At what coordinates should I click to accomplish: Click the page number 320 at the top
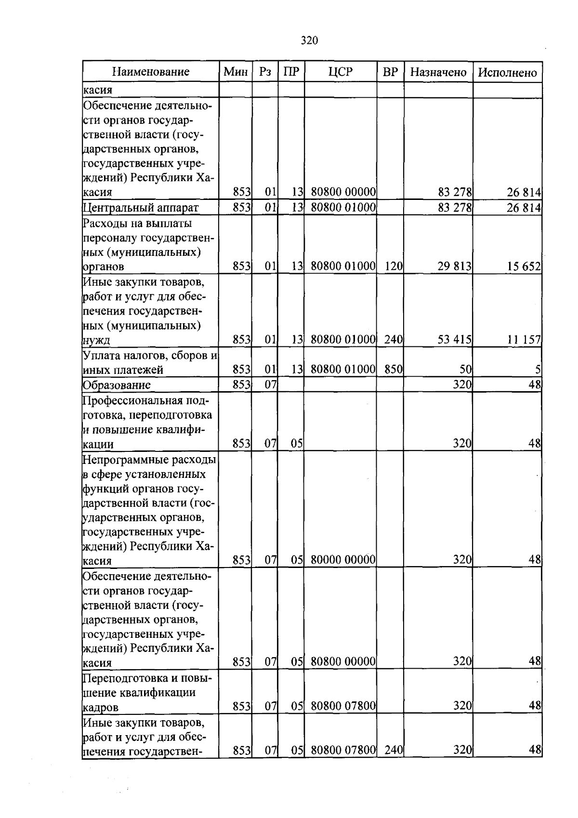pos(309,40)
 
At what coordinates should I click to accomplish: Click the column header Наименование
pos(151,72)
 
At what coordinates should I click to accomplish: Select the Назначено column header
pos(438,72)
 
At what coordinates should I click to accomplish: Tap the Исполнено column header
pos(507,72)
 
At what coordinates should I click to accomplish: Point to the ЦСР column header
pos(341,72)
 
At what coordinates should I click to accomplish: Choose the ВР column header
pos(390,72)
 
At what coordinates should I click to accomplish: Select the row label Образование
pos(117,385)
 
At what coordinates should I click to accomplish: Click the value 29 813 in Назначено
pos(454,266)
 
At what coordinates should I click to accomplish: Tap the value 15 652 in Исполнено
pos(524,266)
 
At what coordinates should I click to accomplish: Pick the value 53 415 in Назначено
pos(454,340)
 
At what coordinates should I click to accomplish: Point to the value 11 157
pos(524,340)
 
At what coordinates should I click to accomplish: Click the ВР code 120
pos(394,266)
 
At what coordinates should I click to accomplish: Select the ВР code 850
pos(394,370)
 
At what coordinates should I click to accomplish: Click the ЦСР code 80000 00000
pos(343,560)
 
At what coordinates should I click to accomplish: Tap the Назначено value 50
pos(465,370)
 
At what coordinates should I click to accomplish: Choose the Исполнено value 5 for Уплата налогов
pos(538,370)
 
